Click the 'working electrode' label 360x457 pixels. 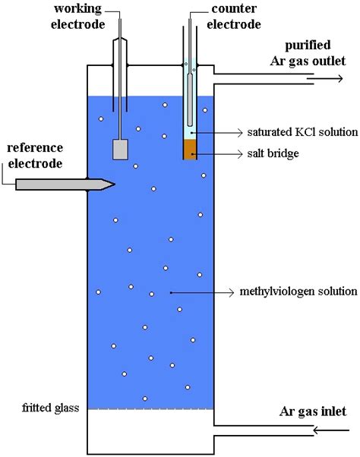click(77, 17)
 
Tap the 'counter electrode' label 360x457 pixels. click(234, 17)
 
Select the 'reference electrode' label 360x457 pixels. click(35, 156)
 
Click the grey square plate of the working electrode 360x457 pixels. click(121, 150)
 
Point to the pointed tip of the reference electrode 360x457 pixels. click(115, 184)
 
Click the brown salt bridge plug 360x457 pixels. click(190, 150)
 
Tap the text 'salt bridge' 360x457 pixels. click(273, 153)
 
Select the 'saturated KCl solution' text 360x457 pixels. click(302, 132)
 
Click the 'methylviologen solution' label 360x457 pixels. click(298, 292)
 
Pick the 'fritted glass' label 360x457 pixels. click(50, 408)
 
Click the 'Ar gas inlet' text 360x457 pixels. click(313, 411)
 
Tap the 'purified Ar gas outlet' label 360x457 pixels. click(308, 53)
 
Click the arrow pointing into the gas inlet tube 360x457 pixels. click(331, 430)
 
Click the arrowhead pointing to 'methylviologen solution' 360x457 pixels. click(232, 292)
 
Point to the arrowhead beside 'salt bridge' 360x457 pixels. click(240, 154)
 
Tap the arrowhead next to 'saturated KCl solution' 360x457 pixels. click(240, 133)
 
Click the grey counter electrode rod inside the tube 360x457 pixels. click(190, 100)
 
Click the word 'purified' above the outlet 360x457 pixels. click(308, 46)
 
